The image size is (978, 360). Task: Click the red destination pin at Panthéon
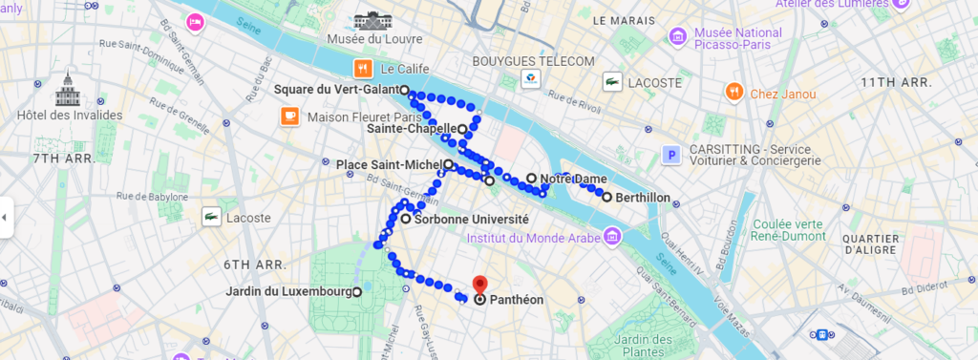[x=480, y=285]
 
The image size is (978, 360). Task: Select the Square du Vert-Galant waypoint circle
[x=405, y=90]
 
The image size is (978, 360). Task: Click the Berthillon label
[x=643, y=198]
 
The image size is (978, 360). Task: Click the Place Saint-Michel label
[x=389, y=164]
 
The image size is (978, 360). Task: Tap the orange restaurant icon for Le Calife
[x=363, y=69]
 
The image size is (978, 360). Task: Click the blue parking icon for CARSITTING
[x=673, y=154]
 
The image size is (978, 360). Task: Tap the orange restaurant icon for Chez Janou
[x=733, y=93]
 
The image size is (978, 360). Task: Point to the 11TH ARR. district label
[x=896, y=82]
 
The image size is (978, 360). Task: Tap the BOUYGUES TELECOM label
[x=534, y=61]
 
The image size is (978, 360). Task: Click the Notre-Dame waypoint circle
[x=532, y=178]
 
